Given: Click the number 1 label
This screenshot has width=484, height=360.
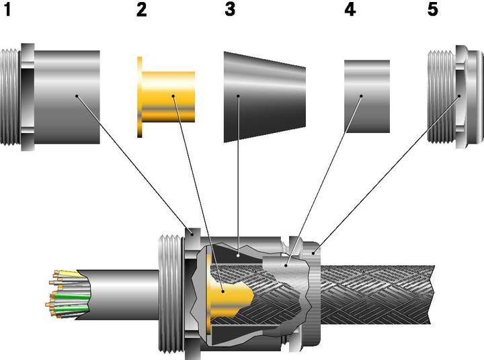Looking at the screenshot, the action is coord(7,9).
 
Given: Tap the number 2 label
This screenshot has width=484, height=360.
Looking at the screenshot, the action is coord(142,9).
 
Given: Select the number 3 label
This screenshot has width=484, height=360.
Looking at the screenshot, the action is coord(230,9).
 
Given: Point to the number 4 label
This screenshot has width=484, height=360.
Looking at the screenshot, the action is coord(350,9).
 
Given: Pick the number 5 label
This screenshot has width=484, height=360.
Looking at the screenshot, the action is coord(433,9).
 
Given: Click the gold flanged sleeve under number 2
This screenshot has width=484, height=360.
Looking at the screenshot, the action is coord(166,97).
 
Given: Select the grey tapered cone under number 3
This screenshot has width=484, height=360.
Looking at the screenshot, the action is coord(265,97).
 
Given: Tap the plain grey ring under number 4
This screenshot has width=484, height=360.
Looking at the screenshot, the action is coord(367,96).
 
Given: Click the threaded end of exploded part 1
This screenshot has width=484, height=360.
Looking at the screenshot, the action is coord(11,97).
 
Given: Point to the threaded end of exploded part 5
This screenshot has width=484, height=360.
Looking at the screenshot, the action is coord(441,97).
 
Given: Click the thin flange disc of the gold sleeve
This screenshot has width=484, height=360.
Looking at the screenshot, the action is coord(140,97).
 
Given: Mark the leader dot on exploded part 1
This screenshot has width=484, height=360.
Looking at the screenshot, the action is coord(77,96).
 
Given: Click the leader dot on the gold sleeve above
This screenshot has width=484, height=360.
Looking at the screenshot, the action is coord(173,96).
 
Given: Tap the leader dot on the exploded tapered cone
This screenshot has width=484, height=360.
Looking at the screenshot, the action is coord(238,96).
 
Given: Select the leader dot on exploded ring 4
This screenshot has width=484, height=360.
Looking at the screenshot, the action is coord(361,96).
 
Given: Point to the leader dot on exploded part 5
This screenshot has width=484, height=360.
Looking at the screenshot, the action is coord(459,96).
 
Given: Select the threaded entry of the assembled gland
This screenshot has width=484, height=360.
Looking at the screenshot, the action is coord(171,295).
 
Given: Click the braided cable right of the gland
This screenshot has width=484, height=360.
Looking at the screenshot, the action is coord(376,295).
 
